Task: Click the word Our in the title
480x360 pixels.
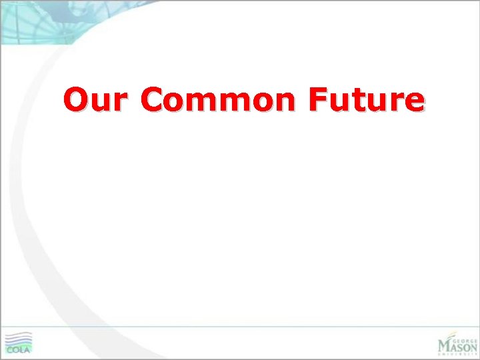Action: coord(97,99)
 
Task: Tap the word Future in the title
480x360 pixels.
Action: coord(366,99)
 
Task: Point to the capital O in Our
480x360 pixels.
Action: coord(77,99)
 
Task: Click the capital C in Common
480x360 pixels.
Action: coord(153,99)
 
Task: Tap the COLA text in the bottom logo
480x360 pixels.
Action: coord(19,349)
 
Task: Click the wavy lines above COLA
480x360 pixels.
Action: coord(18,338)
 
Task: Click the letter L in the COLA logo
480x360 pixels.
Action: coord(21,349)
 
